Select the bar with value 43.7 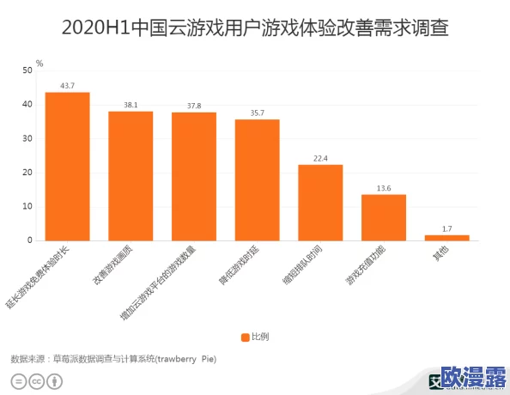pyautogui.click(x=67, y=166)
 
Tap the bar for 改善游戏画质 pyautogui.click(x=131, y=175)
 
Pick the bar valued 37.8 pyautogui.click(x=193, y=176)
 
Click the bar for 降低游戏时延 pyautogui.click(x=257, y=179)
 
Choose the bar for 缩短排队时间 pyautogui.click(x=320, y=202)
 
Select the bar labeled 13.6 pyautogui.click(x=383, y=217)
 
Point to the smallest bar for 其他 pyautogui.click(x=446, y=237)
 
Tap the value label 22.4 pyautogui.click(x=320, y=158)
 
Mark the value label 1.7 pyautogui.click(x=446, y=228)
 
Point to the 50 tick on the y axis pyautogui.click(x=27, y=70)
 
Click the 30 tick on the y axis pyautogui.click(x=27, y=138)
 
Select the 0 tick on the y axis pyautogui.click(x=29, y=240)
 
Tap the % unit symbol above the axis pyautogui.click(x=39, y=64)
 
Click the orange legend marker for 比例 pyautogui.click(x=244, y=336)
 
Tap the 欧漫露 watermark pyautogui.click(x=473, y=379)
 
